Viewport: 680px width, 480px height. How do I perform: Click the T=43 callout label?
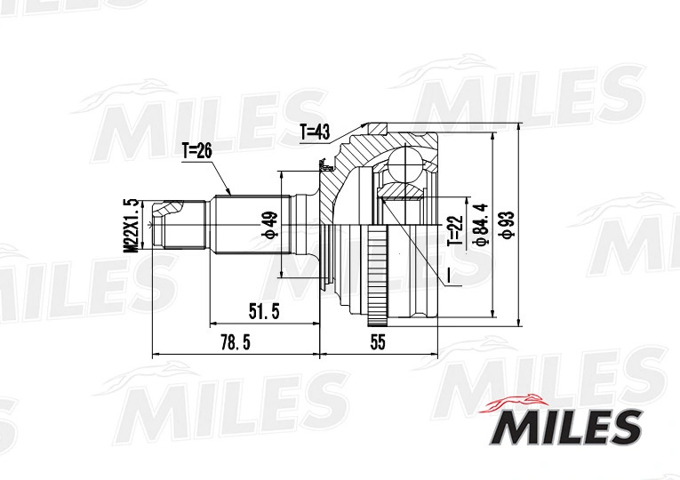pos(316,132)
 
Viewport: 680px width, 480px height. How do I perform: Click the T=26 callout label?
pos(196,151)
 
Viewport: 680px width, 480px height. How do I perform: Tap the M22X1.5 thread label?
pos(131,226)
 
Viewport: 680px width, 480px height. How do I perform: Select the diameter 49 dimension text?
pos(268,225)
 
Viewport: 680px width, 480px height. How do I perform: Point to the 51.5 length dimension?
pos(264,311)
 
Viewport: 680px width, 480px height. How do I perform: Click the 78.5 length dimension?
pos(236,343)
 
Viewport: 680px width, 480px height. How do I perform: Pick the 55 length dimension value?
pos(378,342)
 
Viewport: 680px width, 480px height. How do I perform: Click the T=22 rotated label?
pos(456,231)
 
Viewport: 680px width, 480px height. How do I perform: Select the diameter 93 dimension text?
pos(507,225)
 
